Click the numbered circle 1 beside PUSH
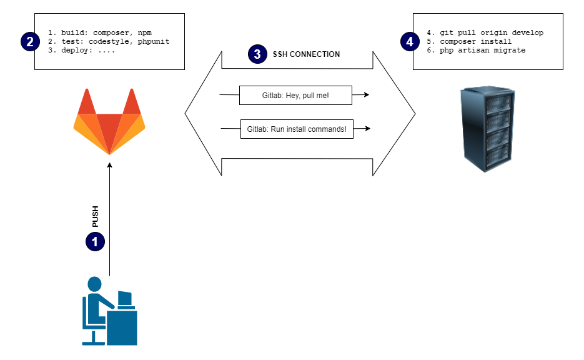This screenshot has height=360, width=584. pos(95,242)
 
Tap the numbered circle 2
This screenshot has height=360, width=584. pos(30,41)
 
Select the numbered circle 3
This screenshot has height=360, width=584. pos(257,54)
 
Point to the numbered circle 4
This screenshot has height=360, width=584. pos(410,41)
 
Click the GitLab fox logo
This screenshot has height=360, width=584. pos(109,121)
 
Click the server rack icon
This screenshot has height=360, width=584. pos(488,129)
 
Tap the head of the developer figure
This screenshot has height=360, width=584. pos(94,284)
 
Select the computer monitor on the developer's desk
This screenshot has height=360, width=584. pos(125,298)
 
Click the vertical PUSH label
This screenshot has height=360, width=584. pos(96,216)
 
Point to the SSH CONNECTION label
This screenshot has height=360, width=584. pos(306,54)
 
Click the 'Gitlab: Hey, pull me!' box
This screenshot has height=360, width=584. pos(295,96)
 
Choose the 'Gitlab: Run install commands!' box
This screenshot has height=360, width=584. pos(297,129)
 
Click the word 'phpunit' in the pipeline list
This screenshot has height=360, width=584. pos(154,41)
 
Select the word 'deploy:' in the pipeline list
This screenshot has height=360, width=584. pos(77,50)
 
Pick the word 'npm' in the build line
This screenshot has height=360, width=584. pos(144,32)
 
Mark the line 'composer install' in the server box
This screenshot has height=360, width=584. pos(475,41)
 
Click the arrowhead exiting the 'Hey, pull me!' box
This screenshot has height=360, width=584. pos(367,94)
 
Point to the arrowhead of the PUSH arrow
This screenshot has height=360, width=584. pos(109,165)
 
